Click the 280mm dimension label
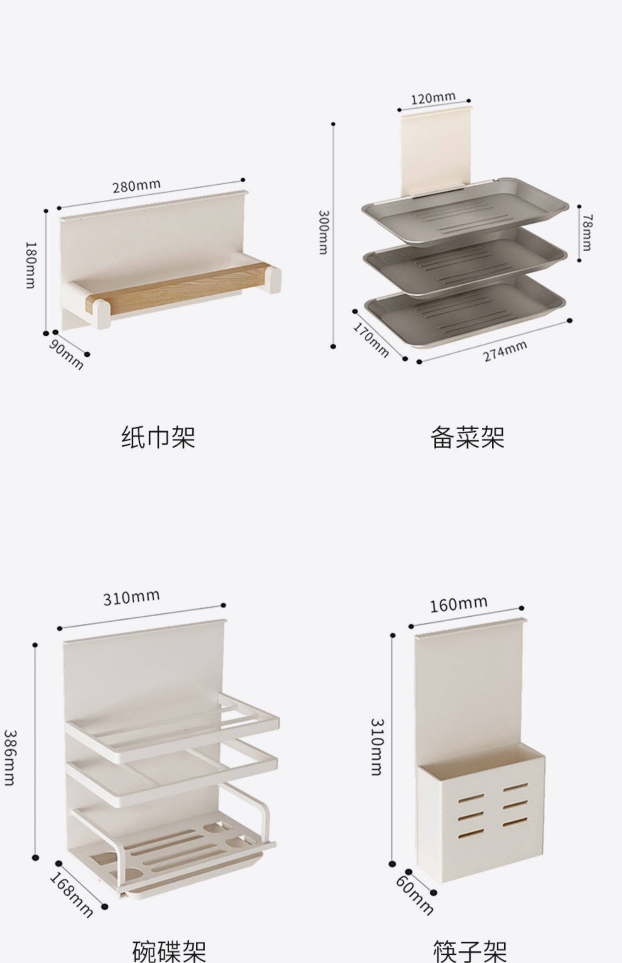click(137, 186)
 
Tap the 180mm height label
click(30, 265)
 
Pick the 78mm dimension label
click(586, 232)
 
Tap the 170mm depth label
click(371, 340)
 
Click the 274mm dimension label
click(505, 351)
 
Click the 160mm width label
click(458, 604)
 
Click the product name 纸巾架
click(158, 437)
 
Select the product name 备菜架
click(467, 437)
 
